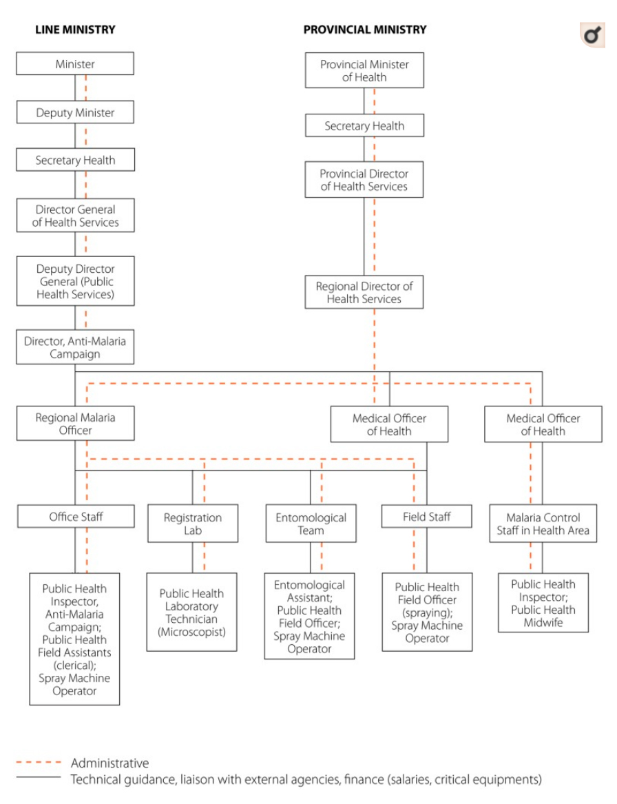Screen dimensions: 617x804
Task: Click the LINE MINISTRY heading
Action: pos(75,30)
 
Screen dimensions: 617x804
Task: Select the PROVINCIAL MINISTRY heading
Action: pos(365,30)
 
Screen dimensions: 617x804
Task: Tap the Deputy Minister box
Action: pos(75,112)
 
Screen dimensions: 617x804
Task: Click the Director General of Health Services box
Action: pos(75,216)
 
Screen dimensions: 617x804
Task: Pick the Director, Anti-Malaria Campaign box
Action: pos(75,347)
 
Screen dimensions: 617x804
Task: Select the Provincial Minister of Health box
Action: pos(364,70)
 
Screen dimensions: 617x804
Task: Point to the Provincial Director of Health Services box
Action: pos(364,179)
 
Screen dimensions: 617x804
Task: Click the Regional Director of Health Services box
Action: pos(364,292)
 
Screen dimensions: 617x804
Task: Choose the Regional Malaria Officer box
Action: pos(75,424)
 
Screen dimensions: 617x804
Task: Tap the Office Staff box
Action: pos(76,516)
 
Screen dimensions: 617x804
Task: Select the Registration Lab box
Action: pos(193,524)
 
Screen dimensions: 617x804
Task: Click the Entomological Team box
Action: pos(311,524)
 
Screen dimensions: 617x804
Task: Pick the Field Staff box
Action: pos(427,516)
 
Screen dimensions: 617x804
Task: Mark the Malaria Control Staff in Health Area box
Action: pos(543,524)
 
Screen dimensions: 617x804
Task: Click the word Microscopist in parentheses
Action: pos(191,632)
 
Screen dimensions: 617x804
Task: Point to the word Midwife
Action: pos(543,623)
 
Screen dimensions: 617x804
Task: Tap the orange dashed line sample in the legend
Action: pos(39,763)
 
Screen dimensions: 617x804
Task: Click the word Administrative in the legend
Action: pos(109,763)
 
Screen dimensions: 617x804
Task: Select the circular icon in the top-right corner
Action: pos(592,35)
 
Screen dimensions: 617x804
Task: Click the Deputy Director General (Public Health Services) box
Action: pos(75,282)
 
